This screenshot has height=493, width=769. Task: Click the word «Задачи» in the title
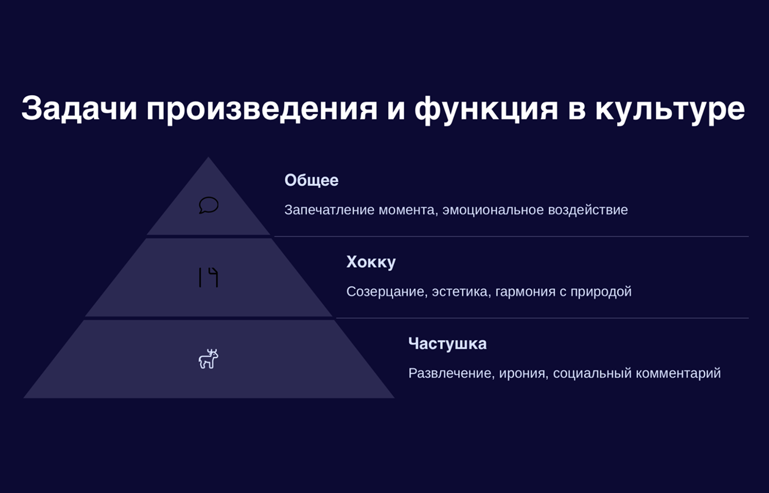point(79,108)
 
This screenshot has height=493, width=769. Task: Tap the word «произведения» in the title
point(262,109)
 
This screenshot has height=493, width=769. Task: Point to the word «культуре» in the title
point(670,109)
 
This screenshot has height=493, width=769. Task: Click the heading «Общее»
point(311,180)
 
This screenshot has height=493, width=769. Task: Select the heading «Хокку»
point(371,262)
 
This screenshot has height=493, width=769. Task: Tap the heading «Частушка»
point(447,344)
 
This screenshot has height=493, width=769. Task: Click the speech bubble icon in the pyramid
point(209,205)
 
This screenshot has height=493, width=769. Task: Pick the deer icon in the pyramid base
point(208,359)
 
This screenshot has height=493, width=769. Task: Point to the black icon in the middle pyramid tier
point(208,277)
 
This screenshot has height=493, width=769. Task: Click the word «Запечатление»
point(329,210)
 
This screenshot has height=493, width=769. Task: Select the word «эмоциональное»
point(493,210)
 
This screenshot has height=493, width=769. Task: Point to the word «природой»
point(601,292)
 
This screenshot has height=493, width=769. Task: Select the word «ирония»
point(522,374)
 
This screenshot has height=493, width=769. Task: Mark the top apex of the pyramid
point(208,157)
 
